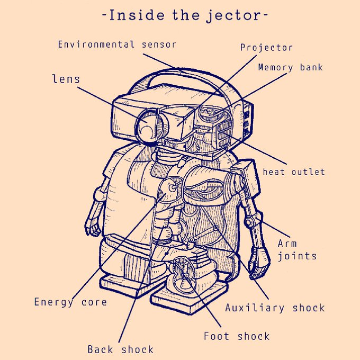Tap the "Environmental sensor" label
[116, 44]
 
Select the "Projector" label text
[266, 48]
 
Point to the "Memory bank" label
[290, 67]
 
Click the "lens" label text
[66, 79]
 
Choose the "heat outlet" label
[294, 172]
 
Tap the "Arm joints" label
[297, 250]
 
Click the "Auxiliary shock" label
[275, 308]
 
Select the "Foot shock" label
[237, 336]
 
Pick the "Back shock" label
[120, 349]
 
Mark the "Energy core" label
[70, 302]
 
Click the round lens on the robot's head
[148, 126]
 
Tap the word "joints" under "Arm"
[297, 256]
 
